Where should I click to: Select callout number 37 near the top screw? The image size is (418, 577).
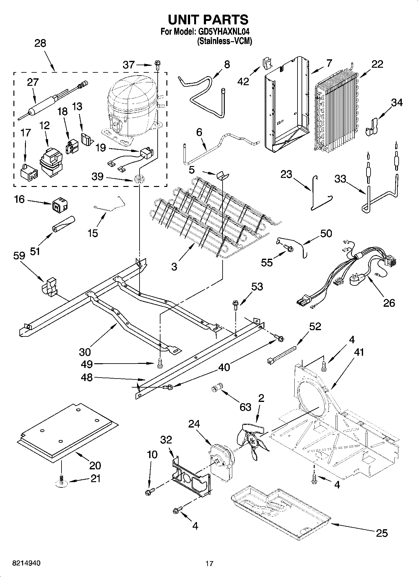click(x=129, y=65)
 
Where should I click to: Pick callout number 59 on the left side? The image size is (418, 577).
click(x=19, y=256)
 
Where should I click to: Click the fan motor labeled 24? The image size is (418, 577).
click(x=220, y=457)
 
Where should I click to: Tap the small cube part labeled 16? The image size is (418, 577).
click(x=59, y=205)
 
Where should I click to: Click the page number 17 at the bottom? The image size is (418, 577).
click(x=209, y=563)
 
